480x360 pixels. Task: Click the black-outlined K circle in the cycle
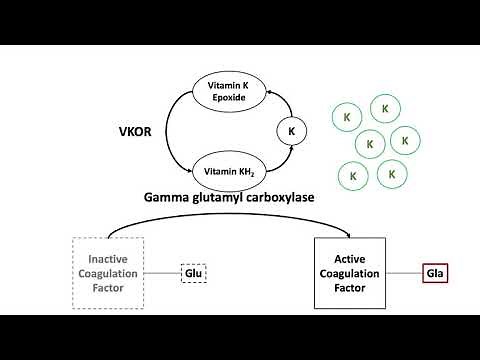tap(291, 130)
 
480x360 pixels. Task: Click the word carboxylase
tap(276, 197)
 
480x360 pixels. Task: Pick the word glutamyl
tap(217, 197)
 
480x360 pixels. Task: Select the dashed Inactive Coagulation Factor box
tap(109, 273)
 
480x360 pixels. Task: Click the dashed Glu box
tap(193, 273)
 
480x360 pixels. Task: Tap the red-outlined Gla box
tap(435, 273)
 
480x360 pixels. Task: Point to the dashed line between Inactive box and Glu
tap(162, 273)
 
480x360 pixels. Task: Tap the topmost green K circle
tap(381, 107)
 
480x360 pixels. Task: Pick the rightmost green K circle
tap(404, 141)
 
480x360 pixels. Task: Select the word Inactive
tap(109, 257)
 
